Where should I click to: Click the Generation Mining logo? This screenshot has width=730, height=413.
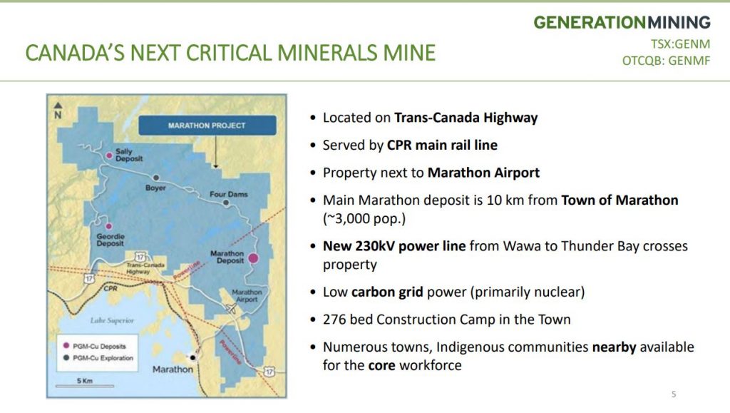click(x=622, y=22)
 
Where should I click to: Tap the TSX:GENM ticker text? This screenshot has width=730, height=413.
click(x=680, y=44)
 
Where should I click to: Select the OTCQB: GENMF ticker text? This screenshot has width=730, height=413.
click(x=667, y=61)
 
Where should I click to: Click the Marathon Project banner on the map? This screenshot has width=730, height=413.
click(x=207, y=126)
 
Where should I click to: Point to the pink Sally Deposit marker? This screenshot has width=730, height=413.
click(x=109, y=155)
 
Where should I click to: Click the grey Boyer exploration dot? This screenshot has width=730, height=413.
click(x=156, y=178)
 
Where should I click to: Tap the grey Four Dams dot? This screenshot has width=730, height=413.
click(x=226, y=203)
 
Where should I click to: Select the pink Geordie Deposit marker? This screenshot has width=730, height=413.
click(x=108, y=226)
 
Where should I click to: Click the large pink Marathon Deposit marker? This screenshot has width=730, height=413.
click(x=253, y=258)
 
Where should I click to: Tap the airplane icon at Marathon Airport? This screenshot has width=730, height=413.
click(x=231, y=307)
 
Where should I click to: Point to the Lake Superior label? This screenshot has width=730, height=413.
click(x=112, y=320)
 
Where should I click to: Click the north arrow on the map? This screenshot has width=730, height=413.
click(x=58, y=111)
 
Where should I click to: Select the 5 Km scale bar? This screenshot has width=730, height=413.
click(x=84, y=386)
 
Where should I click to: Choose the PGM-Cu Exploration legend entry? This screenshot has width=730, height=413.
click(x=98, y=358)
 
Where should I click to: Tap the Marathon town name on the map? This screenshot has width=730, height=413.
click(x=173, y=369)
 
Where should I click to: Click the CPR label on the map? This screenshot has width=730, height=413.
click(x=110, y=289)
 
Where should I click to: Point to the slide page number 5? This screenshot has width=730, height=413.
click(x=674, y=394)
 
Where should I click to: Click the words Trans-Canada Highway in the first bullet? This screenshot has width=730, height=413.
click(x=466, y=118)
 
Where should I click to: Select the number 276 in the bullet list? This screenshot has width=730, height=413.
click(x=334, y=320)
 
